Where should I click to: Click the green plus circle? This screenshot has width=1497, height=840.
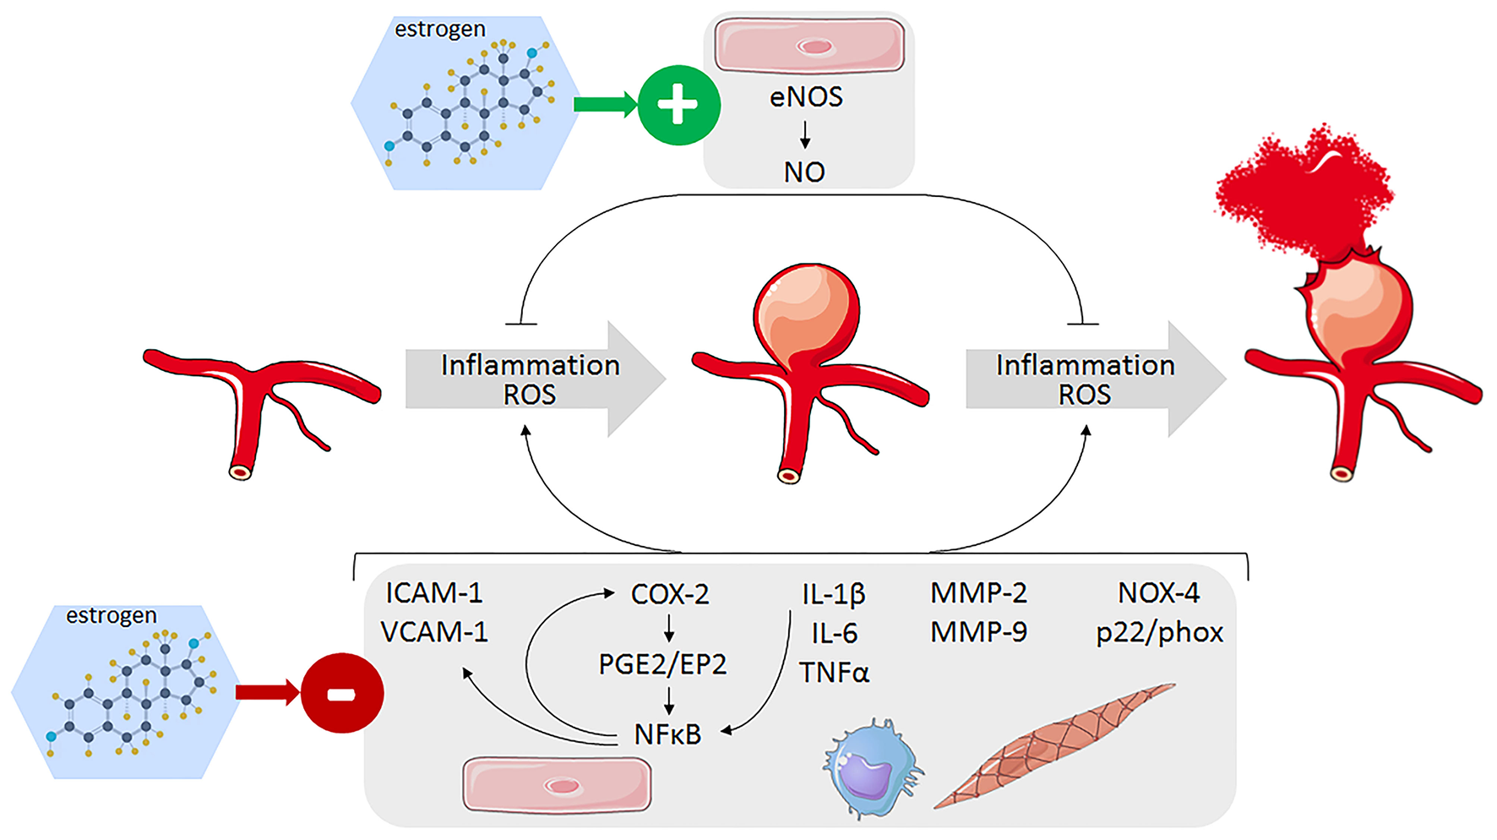click(x=678, y=106)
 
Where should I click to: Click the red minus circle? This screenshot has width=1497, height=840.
click(x=342, y=693)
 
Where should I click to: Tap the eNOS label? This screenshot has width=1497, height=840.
click(x=806, y=97)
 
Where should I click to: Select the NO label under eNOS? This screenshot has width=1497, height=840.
click(x=804, y=172)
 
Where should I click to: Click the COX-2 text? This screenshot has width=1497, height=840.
click(x=670, y=594)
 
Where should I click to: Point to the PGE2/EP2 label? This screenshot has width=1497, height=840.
click(x=662, y=664)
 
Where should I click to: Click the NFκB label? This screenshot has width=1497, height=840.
click(x=667, y=734)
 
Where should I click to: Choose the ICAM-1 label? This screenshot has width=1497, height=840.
click(x=434, y=593)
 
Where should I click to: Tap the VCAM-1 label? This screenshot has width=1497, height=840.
click(x=434, y=632)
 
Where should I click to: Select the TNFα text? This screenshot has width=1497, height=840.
click(x=834, y=673)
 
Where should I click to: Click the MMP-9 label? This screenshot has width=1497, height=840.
click(x=978, y=632)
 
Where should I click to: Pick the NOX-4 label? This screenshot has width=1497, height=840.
click(x=1158, y=593)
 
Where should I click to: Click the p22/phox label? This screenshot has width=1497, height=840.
click(x=1159, y=633)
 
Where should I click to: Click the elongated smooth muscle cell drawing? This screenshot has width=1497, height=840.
click(x=1056, y=744)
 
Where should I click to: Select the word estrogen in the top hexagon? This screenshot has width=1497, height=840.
click(x=440, y=30)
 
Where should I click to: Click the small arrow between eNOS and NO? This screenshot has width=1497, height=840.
click(x=805, y=134)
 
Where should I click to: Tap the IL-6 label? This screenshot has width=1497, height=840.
click(x=834, y=633)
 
